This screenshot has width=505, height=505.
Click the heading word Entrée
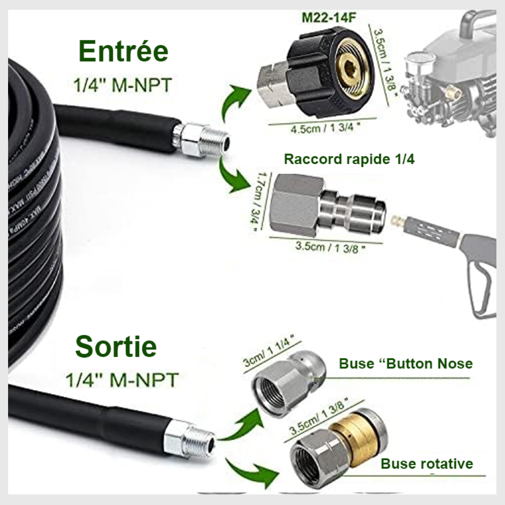coord(123,52)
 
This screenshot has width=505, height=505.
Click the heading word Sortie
coord(116,347)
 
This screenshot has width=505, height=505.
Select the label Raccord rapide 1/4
coord(349,159)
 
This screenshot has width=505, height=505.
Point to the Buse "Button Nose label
coord(406,363)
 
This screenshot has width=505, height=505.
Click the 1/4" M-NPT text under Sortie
coord(121,379)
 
